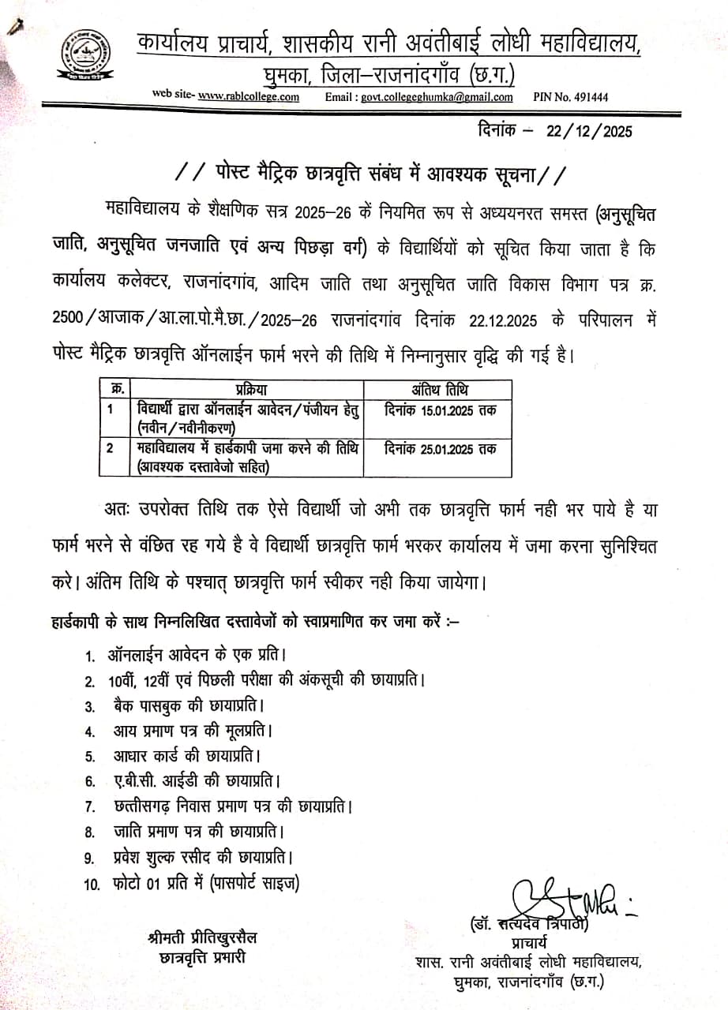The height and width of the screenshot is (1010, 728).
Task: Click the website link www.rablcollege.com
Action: click(x=248, y=97)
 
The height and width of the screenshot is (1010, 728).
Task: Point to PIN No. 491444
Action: click(x=571, y=97)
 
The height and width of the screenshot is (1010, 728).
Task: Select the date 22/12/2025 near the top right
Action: click(x=589, y=132)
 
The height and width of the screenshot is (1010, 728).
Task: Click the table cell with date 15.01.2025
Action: click(x=440, y=410)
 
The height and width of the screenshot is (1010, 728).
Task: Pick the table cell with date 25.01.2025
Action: click(x=440, y=448)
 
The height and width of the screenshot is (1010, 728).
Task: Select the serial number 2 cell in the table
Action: click(x=113, y=448)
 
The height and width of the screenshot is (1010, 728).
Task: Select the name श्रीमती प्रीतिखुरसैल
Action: click(x=201, y=938)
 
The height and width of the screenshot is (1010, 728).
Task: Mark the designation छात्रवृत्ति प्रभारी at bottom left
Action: click(x=201, y=957)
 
